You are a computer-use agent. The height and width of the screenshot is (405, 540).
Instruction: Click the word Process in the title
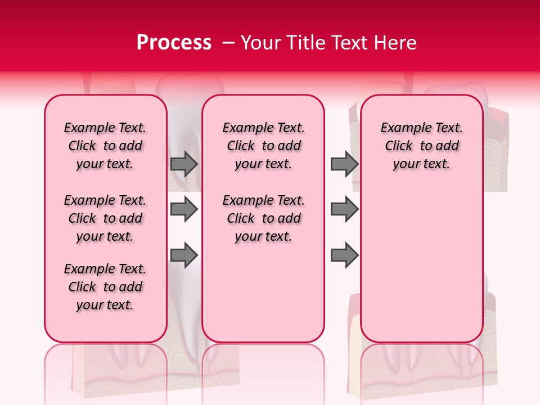click(174, 43)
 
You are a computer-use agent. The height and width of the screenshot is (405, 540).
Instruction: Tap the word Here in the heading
click(395, 43)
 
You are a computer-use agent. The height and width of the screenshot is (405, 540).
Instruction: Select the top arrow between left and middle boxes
click(184, 164)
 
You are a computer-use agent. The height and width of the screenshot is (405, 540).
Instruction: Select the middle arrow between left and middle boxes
click(184, 210)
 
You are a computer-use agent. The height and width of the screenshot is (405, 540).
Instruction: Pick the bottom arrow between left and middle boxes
click(184, 256)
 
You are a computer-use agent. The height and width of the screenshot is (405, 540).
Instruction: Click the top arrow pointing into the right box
click(344, 164)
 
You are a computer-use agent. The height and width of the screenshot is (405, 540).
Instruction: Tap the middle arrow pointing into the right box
click(344, 210)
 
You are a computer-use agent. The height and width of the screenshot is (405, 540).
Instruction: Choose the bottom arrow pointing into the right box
click(344, 256)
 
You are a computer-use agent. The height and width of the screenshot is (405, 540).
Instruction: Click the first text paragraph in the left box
click(105, 146)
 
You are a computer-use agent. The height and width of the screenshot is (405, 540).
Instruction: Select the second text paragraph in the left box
click(105, 218)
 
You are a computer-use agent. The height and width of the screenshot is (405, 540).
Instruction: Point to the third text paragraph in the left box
click(105, 287)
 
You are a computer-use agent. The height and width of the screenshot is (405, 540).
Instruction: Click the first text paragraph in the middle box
click(264, 146)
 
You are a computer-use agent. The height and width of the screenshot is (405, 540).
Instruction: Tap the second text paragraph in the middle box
click(264, 218)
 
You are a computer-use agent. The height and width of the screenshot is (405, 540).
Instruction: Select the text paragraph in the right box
click(422, 146)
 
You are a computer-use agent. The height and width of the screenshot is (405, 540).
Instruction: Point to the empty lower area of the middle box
click(264, 292)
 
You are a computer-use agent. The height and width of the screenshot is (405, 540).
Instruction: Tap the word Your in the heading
click(261, 43)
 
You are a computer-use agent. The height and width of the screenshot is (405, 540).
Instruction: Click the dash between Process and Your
click(228, 43)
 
